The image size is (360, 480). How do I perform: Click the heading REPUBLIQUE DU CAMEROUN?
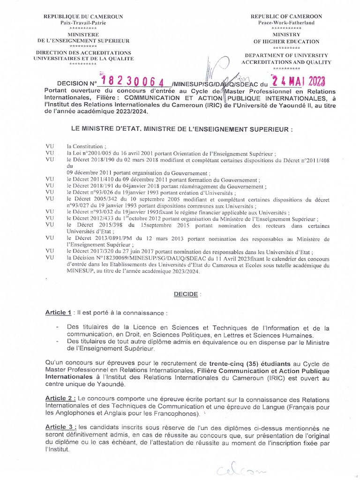tap(83, 16)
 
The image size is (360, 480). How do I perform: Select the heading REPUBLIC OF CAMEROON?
tap(286, 16)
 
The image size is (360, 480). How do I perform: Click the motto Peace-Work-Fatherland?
tap(286, 22)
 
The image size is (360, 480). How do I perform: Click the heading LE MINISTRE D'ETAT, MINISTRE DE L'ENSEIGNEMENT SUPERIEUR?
tap(181, 128)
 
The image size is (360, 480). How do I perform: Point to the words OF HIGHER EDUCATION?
tap(286, 42)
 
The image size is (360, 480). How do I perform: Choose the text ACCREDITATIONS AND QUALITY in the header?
tap(286, 62)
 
